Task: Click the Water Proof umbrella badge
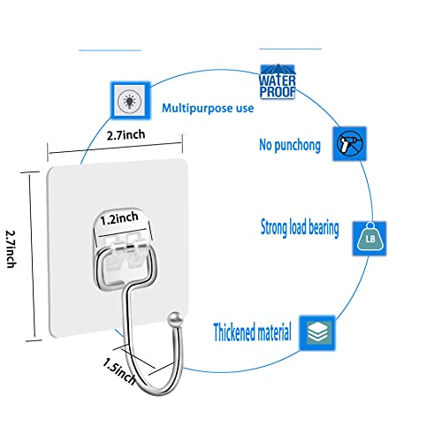(x=278, y=81)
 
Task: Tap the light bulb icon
(x=130, y=101)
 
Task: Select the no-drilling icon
(x=349, y=144)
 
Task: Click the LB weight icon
(x=370, y=239)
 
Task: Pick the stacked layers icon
(x=317, y=333)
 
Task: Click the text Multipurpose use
(x=208, y=108)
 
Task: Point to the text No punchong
(x=290, y=145)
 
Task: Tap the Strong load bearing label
(x=300, y=228)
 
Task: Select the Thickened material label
(x=253, y=332)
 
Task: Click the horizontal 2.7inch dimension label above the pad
(x=126, y=134)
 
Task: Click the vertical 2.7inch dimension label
(x=11, y=249)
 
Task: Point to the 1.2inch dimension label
(x=119, y=218)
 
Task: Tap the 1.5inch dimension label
(x=119, y=371)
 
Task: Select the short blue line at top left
(x=110, y=50)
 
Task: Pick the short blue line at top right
(x=291, y=49)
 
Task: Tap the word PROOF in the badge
(x=278, y=92)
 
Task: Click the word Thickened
(x=234, y=332)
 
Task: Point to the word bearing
(x=324, y=228)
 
